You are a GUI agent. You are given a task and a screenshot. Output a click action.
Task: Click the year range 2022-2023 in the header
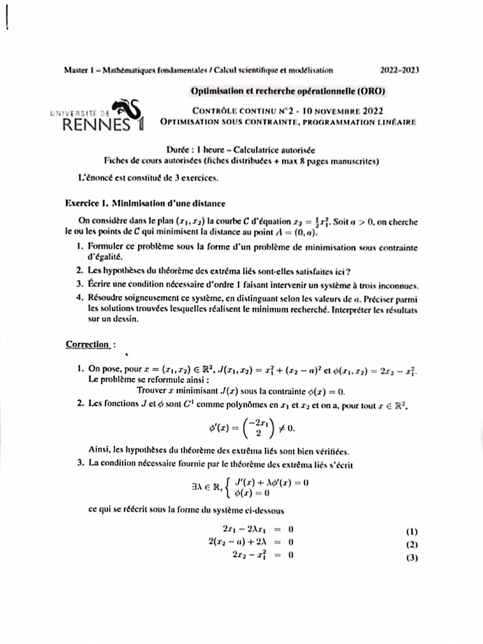(x=401, y=70)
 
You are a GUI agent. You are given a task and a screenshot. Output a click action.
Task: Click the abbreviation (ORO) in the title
(x=371, y=91)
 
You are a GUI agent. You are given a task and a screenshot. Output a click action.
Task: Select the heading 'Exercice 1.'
(x=88, y=203)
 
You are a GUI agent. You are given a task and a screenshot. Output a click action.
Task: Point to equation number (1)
(x=413, y=531)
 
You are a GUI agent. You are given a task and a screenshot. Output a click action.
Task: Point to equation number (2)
(x=413, y=544)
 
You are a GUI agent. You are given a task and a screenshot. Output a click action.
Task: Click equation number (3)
(x=413, y=557)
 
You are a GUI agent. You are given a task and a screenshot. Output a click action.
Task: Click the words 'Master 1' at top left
(x=79, y=70)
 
